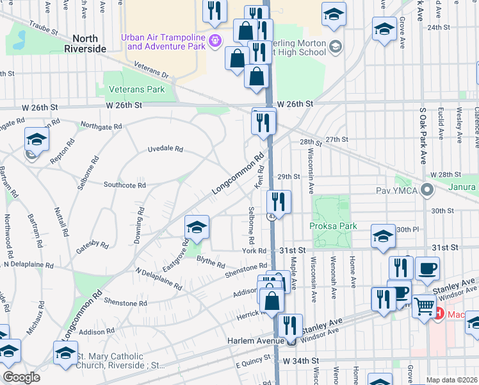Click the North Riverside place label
click(x=85, y=43)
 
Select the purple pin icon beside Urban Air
click(x=216, y=41)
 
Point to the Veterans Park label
click(x=136, y=89)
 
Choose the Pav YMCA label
click(x=402, y=190)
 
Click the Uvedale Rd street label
click(x=165, y=149)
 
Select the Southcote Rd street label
click(x=125, y=185)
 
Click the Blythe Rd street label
click(x=211, y=262)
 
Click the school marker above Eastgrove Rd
click(x=197, y=226)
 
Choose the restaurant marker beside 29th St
click(x=279, y=201)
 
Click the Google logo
click(x=22, y=377)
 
